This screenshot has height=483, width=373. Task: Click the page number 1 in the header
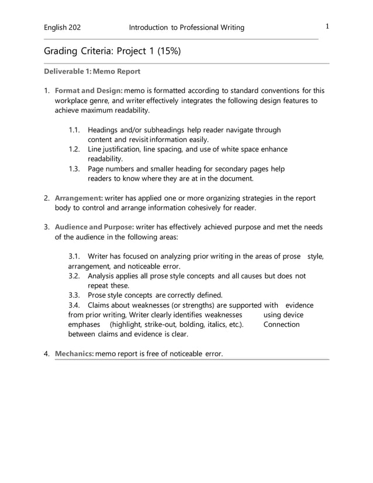[x=328, y=26]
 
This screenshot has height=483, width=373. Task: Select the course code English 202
[x=63, y=27]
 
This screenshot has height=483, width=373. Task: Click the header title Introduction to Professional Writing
[x=186, y=27]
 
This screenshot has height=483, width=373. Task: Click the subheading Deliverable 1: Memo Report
[x=92, y=72]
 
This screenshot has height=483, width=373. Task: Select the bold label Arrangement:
[x=79, y=198]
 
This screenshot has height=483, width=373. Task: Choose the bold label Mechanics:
[x=74, y=353]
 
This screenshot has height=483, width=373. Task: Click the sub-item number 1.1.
[x=74, y=130]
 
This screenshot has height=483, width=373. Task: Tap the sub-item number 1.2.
[x=74, y=149]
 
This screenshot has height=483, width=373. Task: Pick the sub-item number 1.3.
[x=74, y=169]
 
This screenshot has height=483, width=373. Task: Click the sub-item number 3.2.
[x=74, y=275]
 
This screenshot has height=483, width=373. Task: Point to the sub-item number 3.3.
[x=74, y=295]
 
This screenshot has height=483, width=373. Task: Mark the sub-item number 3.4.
[x=74, y=305]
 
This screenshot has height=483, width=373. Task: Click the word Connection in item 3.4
[x=281, y=325]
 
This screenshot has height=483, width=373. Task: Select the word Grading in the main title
[x=61, y=51]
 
